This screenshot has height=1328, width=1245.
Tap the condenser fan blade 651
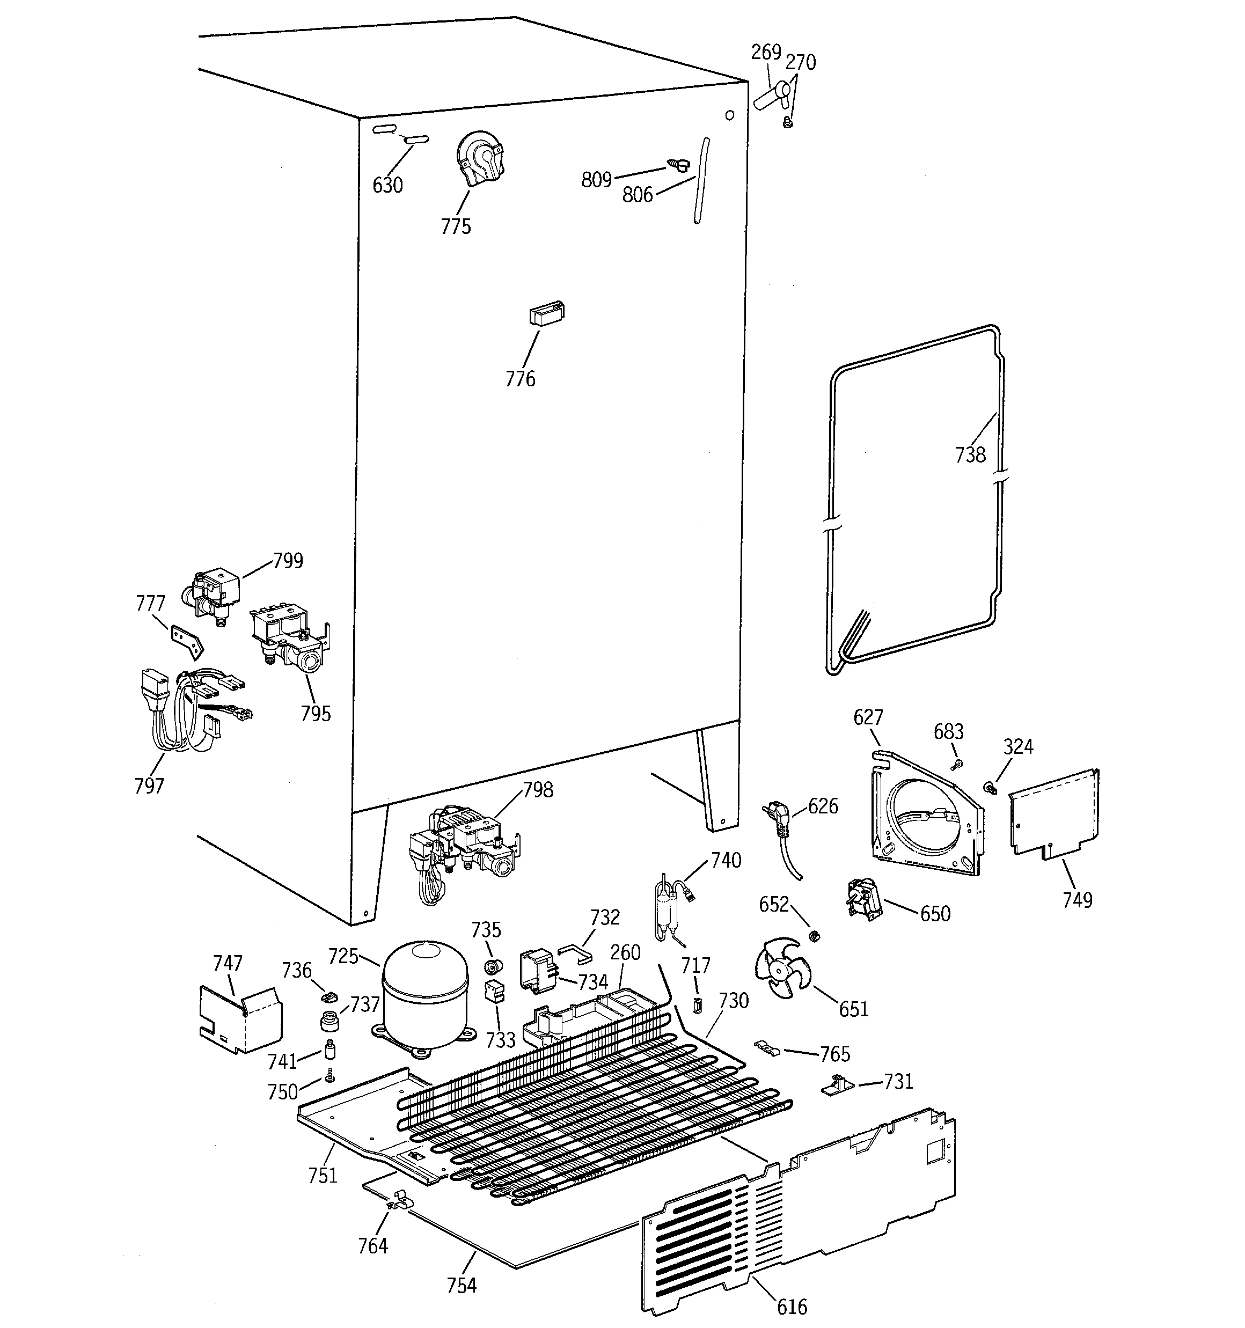point(781,968)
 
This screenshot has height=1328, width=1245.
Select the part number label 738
point(970,455)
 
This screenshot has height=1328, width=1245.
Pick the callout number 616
point(792,1307)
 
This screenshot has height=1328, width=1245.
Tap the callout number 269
point(766,52)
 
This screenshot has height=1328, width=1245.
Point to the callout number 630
point(387,185)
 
